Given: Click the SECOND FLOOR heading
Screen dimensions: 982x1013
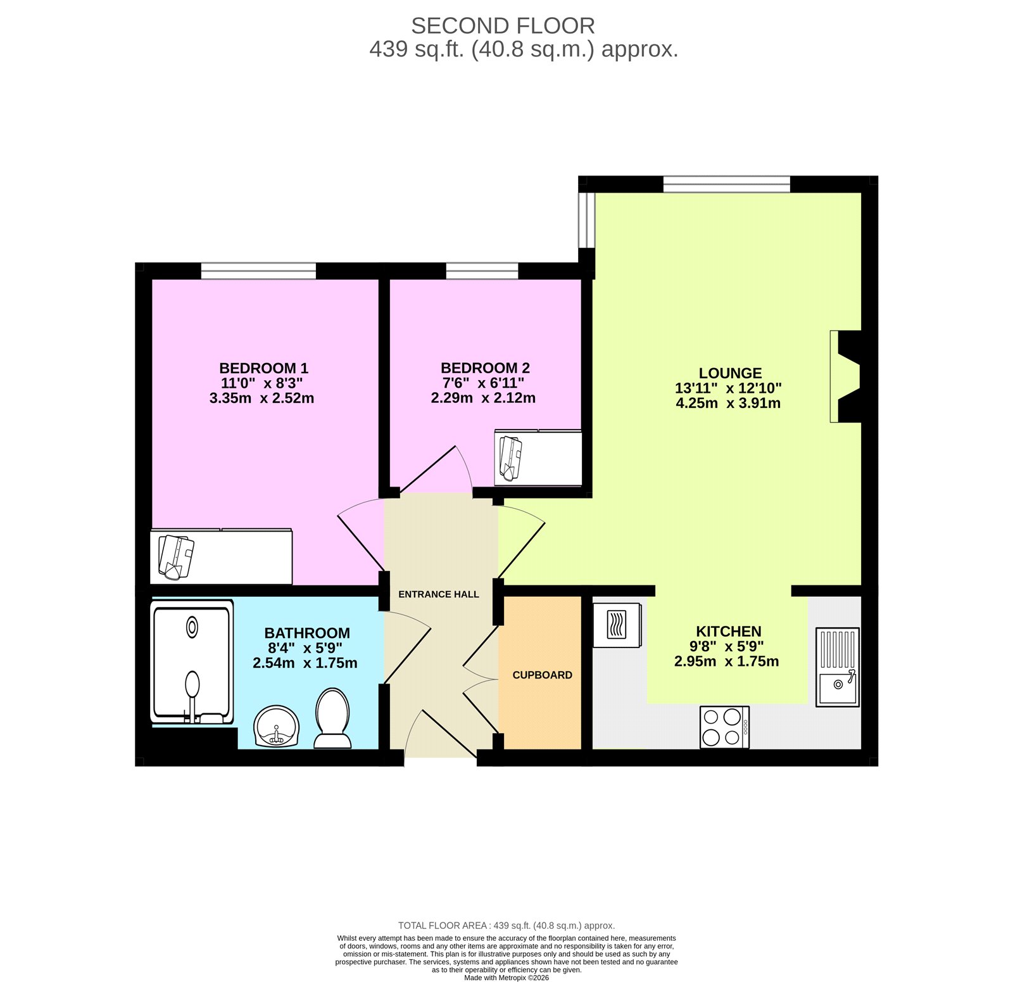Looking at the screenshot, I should click(x=503, y=26).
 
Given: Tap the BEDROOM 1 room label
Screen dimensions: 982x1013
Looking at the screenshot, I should click(x=263, y=368).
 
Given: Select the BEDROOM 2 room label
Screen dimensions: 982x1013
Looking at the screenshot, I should click(x=485, y=368).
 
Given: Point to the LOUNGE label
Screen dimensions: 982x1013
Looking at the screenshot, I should click(x=730, y=373).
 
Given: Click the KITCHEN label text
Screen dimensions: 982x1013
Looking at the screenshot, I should click(x=728, y=631).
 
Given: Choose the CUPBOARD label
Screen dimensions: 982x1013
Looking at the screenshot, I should click(x=542, y=675).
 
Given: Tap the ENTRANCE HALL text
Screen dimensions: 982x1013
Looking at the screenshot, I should click(x=438, y=594).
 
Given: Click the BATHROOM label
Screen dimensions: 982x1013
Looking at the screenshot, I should click(x=307, y=633).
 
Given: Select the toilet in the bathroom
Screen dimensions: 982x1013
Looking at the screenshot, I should click(x=332, y=718).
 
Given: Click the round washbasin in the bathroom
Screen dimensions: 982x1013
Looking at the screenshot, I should click(x=276, y=726).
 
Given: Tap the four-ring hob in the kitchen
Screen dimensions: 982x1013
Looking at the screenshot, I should click(x=724, y=727).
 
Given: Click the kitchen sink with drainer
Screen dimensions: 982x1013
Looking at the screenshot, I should click(x=837, y=666).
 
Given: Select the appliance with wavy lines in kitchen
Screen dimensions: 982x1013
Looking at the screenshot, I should click(x=617, y=625).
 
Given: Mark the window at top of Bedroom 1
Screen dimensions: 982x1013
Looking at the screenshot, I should click(x=258, y=271).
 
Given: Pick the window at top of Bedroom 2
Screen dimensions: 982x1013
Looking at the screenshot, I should click(x=482, y=271).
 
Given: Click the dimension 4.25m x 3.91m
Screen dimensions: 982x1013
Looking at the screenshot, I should click(x=728, y=403).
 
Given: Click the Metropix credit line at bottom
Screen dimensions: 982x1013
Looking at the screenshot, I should click(x=506, y=978).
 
